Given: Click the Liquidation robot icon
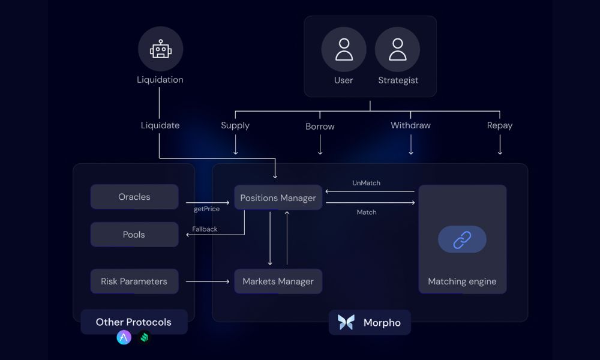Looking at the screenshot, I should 160,49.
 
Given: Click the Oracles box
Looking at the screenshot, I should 134,197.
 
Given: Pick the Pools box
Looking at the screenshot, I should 134,235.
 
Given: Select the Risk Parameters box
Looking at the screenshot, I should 134,281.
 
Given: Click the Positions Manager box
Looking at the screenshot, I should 278,197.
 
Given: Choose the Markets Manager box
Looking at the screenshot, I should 278,281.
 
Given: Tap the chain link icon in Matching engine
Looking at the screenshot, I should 462,239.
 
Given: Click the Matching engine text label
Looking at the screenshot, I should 462,281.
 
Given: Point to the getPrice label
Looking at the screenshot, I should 206,209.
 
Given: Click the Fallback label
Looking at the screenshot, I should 205,229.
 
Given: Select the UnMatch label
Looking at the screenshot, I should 366,183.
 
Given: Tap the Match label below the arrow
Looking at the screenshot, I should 367,212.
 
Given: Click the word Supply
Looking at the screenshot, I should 235,125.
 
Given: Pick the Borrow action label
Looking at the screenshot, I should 320,127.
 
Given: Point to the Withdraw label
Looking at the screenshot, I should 410,125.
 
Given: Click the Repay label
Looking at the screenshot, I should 500,125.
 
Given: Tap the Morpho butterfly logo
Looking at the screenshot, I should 346,322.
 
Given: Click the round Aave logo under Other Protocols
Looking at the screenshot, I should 124,338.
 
